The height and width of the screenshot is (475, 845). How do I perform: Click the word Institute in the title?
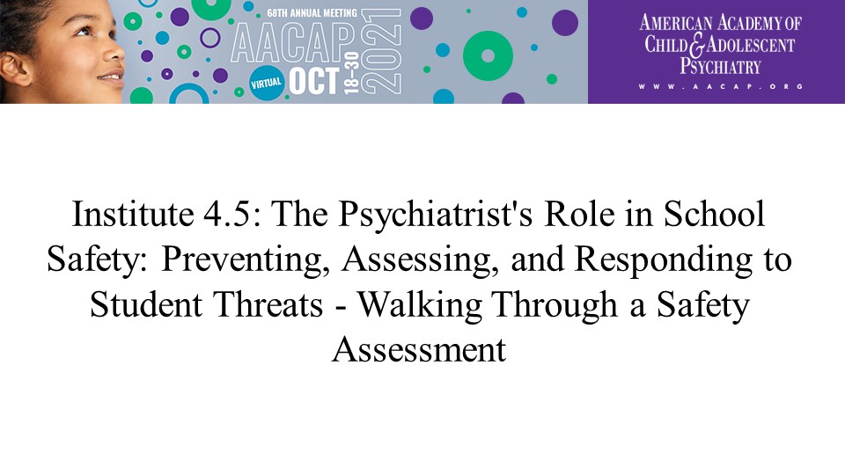133,214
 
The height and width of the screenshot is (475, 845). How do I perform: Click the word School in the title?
714,214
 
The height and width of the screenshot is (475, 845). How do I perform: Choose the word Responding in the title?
664,260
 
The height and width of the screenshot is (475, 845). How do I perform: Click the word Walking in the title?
420,305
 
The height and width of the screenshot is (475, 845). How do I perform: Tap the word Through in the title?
555,305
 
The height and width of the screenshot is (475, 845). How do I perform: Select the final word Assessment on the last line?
419,349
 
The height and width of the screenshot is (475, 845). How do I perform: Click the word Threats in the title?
268,304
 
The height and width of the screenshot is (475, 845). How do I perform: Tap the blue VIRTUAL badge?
266,84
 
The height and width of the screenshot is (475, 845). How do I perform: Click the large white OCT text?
314,81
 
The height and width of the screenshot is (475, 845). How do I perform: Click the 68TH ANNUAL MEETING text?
312,13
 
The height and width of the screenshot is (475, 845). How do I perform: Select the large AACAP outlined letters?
294,43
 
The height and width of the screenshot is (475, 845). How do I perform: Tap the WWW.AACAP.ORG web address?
721,86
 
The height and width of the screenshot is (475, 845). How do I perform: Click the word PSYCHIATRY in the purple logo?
720,66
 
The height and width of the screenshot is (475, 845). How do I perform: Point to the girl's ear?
15,69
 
